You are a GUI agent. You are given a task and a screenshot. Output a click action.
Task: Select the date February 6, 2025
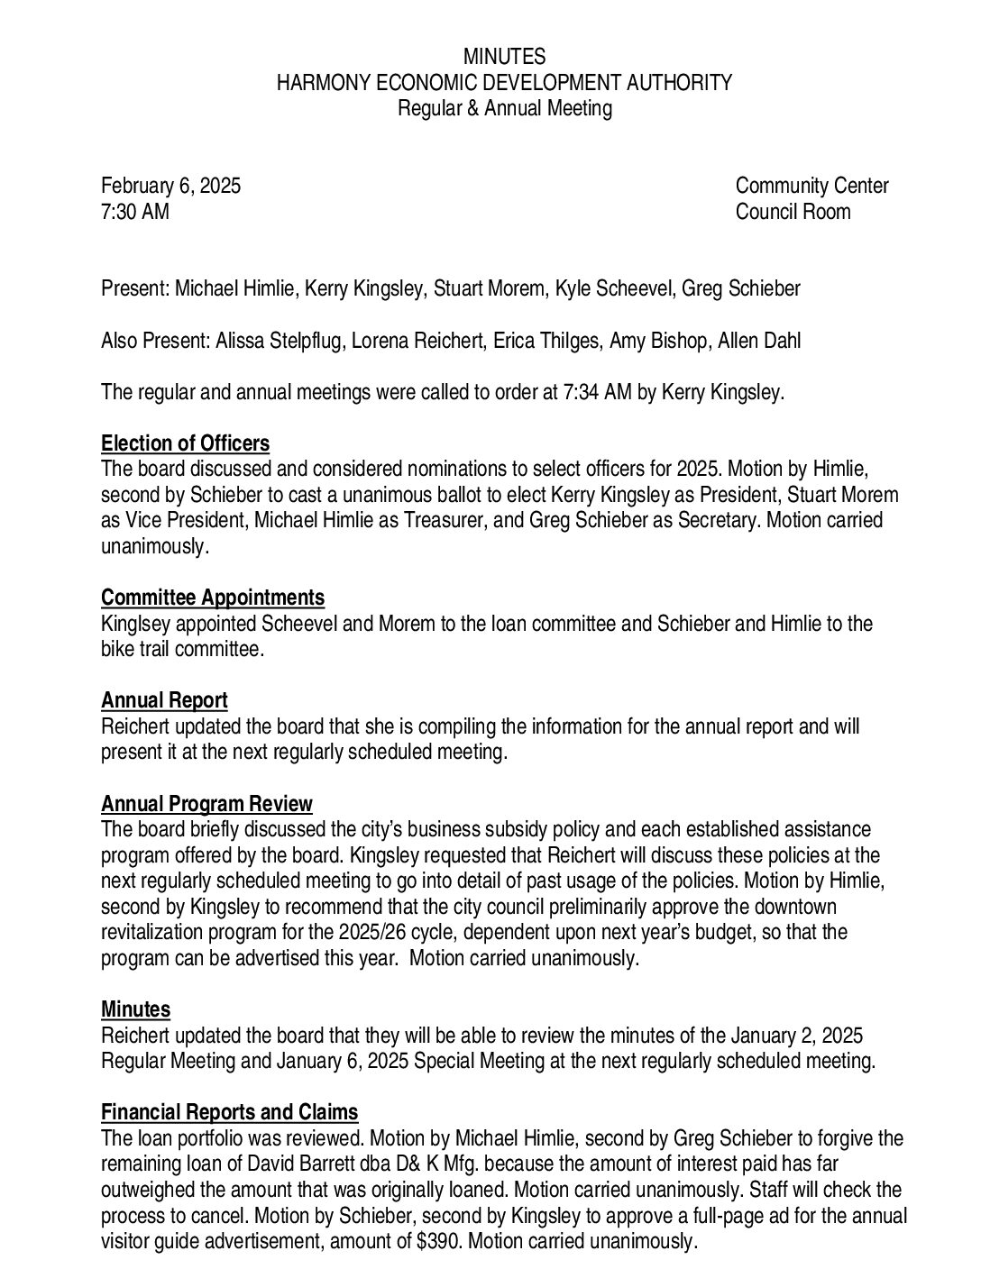[x=170, y=187]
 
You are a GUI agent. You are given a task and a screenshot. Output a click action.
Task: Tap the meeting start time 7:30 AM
[x=134, y=212]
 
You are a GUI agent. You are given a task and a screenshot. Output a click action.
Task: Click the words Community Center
[x=811, y=187]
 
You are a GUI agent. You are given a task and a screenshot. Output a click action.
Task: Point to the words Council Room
[x=793, y=212]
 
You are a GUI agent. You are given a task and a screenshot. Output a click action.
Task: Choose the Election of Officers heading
[x=185, y=443]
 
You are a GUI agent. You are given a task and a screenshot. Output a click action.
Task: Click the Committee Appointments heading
[x=213, y=598]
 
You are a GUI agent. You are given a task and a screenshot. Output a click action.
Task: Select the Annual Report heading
[x=164, y=700]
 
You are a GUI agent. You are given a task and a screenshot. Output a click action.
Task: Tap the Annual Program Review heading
[x=206, y=803]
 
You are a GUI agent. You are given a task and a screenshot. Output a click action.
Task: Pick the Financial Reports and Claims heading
[x=229, y=1112]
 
